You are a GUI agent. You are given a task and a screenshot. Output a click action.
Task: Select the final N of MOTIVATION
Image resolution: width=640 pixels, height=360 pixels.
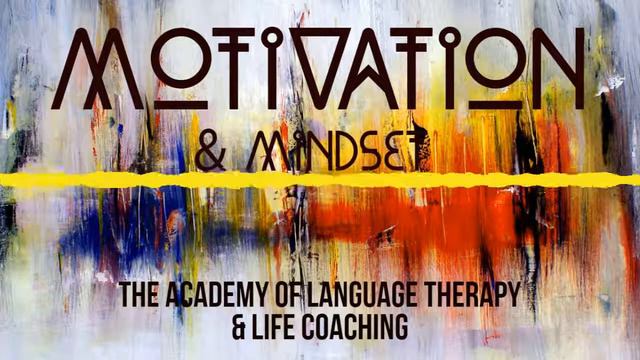554,70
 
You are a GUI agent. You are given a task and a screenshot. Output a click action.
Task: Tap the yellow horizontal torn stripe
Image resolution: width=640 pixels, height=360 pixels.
320,180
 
